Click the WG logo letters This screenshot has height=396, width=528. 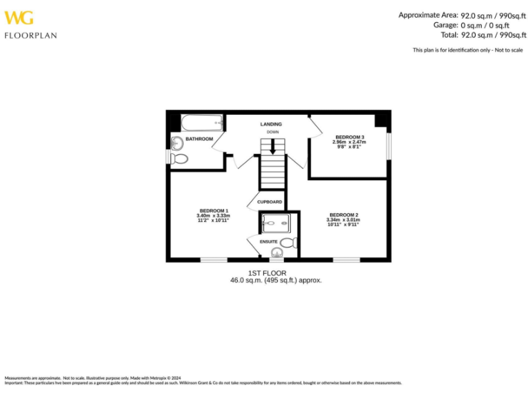tap(19, 18)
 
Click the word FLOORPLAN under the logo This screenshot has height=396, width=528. tap(31, 35)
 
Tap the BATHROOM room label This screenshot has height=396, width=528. tap(199, 139)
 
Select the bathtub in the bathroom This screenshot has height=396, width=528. tap(202, 124)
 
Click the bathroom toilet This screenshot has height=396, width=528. tap(179, 158)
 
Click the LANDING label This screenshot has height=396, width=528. tap(271, 124)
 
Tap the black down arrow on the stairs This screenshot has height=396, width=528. tap(273, 146)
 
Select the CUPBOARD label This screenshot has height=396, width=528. tap(269, 201)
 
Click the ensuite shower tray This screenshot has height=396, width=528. tap(278, 223)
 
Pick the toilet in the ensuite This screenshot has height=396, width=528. tap(288, 242)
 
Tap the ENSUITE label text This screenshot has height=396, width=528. tap(269, 242)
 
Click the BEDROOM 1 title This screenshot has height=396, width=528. tap(213, 210)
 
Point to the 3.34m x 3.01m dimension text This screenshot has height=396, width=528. tap(343, 219)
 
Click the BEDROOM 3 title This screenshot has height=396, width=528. tap(349, 137)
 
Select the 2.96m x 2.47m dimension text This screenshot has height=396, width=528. tap(349, 142)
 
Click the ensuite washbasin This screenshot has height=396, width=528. tap(276, 254)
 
